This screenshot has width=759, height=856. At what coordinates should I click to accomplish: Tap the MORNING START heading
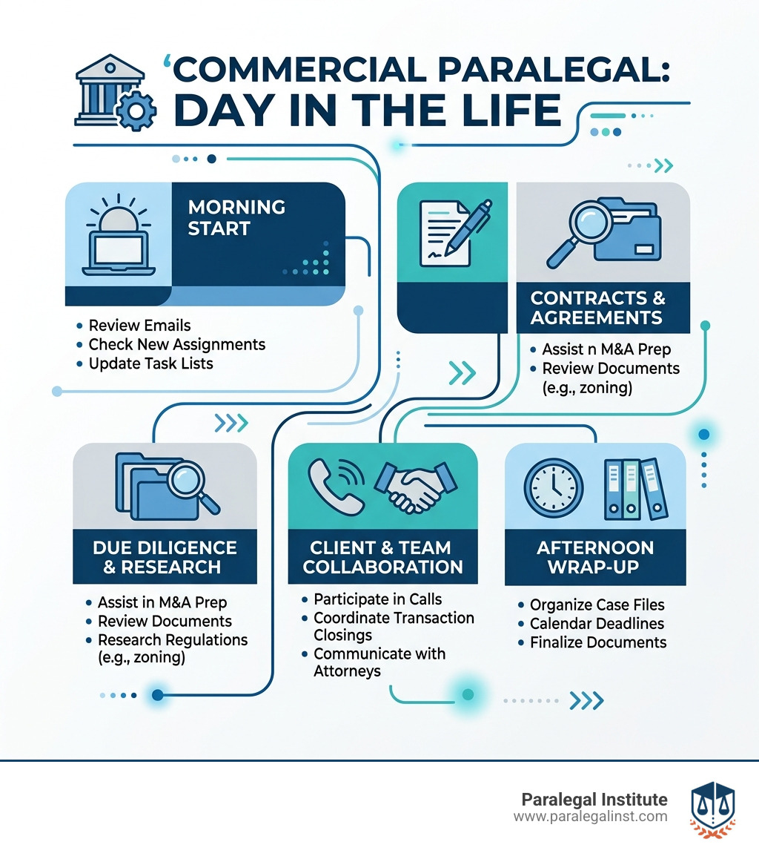[236, 217]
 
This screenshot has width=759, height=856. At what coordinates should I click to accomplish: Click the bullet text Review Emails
[139, 326]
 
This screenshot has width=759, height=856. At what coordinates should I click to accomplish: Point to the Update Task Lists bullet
[150, 363]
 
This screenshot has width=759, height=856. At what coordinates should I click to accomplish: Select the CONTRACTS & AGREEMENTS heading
[602, 308]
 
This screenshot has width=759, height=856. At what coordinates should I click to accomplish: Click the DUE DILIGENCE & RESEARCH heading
[165, 557]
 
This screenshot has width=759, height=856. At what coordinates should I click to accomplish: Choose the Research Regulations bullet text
[173, 639]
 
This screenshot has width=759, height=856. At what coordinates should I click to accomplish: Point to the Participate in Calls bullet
[377, 599]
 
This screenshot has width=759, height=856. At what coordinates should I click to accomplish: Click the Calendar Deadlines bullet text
[597, 624]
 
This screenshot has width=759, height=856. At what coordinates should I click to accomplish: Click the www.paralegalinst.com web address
[590, 816]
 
